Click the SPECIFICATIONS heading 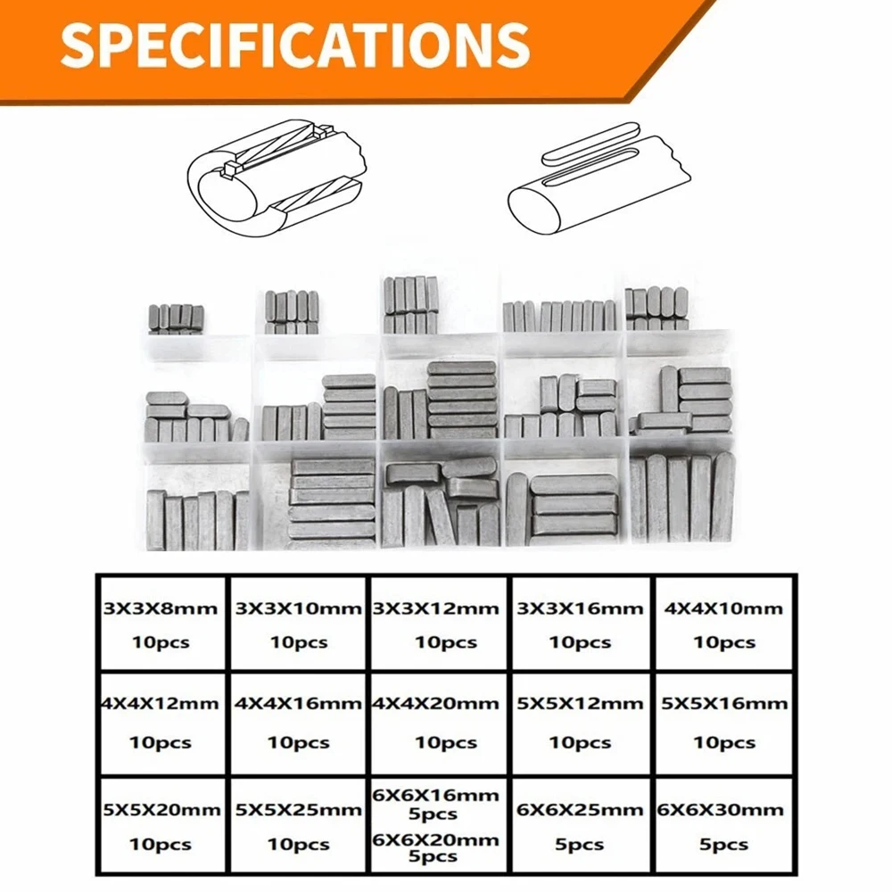click(295, 44)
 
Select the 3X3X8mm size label click(161, 609)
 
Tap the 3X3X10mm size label click(299, 609)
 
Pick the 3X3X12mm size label click(437, 609)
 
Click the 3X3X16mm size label click(580, 609)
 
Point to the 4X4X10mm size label click(724, 609)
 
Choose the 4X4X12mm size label click(161, 703)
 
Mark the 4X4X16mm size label click(299, 703)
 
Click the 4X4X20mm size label click(437, 703)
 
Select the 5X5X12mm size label click(580, 703)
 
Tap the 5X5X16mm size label click(724, 703)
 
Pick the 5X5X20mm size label click(161, 810)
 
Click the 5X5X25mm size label click(299, 810)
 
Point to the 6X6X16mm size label click(437, 794)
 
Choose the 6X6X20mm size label click(437, 839)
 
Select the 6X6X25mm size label click(580, 810)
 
